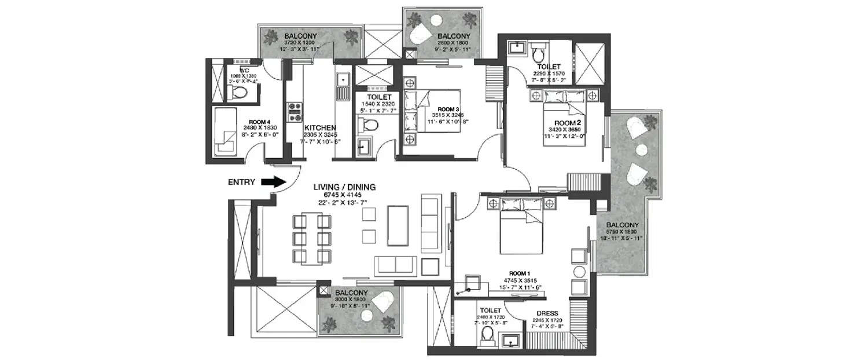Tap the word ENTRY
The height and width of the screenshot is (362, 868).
(242, 182)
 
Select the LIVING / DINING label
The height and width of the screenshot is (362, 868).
(344, 187)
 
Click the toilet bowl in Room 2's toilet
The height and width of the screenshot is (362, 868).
(538, 54)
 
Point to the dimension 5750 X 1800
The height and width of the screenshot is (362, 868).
(622, 232)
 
